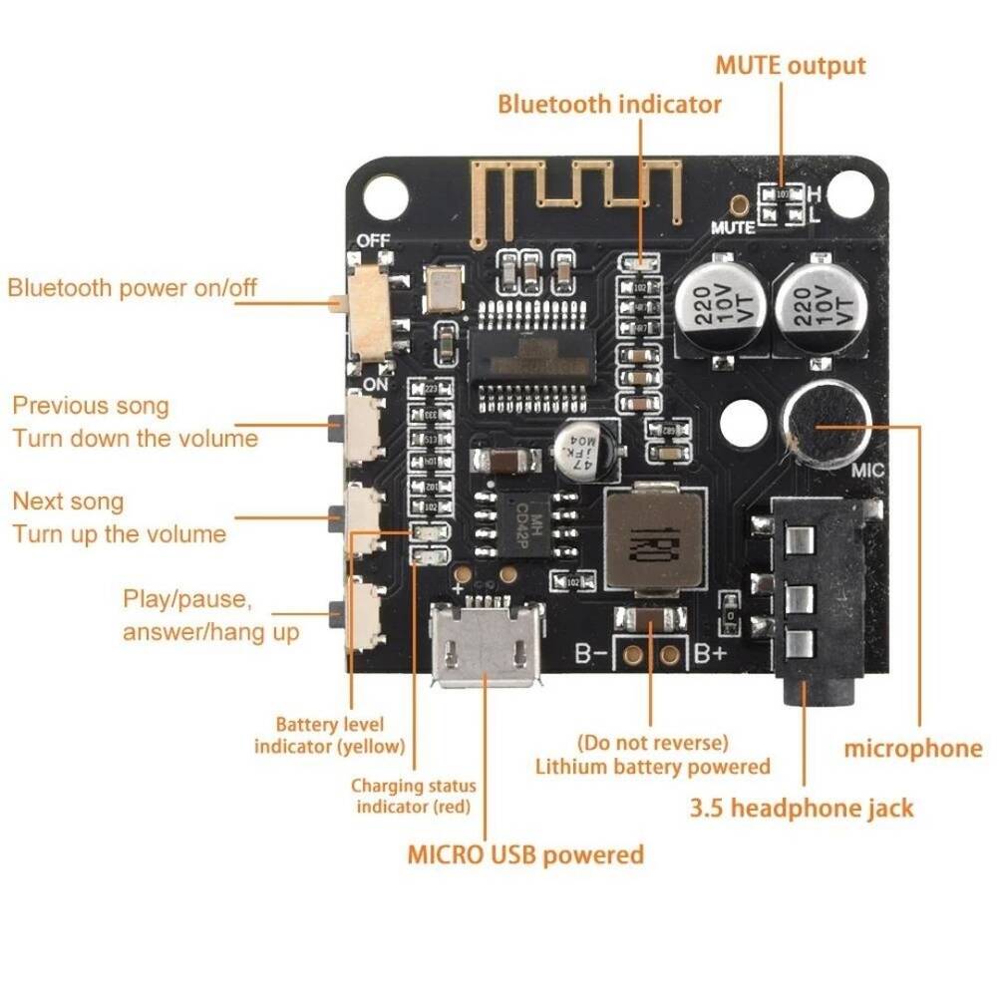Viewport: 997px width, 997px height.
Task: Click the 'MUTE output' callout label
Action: click(791, 66)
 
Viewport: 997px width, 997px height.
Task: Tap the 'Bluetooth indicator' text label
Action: click(609, 104)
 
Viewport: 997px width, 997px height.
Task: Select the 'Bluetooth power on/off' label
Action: click(133, 288)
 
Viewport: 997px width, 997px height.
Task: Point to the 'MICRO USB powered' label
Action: click(525, 854)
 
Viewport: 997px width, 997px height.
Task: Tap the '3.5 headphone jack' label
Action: click(802, 808)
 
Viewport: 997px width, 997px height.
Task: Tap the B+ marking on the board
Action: click(710, 654)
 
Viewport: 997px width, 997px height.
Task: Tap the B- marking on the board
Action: click(591, 654)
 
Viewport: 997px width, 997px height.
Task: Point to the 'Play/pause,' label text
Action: click(187, 599)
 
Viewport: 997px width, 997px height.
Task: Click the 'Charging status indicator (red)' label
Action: click(414, 797)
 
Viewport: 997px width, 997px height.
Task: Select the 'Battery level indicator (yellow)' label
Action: click(330, 735)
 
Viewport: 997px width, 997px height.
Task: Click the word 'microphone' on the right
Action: click(913, 749)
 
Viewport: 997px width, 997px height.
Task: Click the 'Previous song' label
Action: click(91, 406)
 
